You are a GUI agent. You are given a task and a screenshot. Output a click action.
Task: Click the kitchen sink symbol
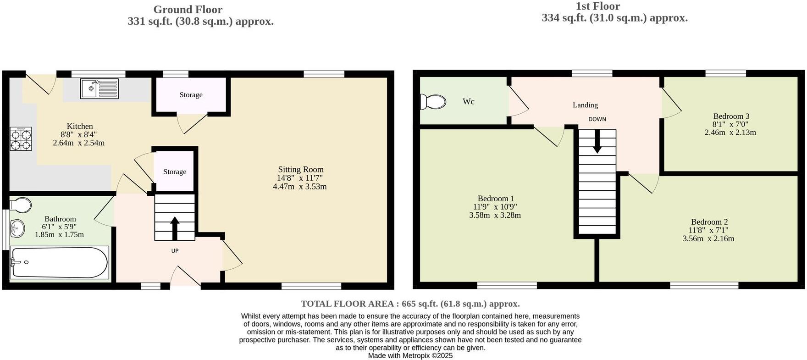[99, 89]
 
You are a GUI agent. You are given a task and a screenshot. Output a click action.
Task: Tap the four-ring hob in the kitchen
[21, 139]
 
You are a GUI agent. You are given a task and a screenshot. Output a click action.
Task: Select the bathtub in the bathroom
[59, 263]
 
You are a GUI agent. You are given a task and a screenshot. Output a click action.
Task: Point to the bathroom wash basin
[17, 228]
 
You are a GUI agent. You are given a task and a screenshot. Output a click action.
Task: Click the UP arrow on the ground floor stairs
[175, 228]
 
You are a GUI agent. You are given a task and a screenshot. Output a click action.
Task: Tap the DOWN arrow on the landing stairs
[597, 141]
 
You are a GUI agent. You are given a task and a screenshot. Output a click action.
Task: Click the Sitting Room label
[300, 170]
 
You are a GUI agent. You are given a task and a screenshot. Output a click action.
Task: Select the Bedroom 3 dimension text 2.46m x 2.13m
[730, 133]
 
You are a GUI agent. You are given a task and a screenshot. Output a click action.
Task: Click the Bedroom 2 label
[709, 222]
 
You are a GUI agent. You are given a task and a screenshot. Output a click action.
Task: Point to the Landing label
[585, 105]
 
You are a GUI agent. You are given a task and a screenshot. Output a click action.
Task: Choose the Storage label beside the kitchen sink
[191, 95]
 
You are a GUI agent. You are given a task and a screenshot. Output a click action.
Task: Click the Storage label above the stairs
[175, 172]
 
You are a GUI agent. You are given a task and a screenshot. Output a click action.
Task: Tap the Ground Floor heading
[188, 10]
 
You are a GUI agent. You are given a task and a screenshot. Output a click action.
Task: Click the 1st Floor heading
[597, 6]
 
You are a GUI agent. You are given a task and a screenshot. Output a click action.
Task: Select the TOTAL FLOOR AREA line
[410, 304]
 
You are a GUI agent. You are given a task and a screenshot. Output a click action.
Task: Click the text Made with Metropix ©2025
[410, 355]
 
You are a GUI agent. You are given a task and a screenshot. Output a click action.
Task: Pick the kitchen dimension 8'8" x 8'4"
[79, 134]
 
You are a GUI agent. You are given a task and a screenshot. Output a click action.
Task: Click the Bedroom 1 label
[496, 199]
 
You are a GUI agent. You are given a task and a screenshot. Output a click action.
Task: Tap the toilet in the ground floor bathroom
[20, 205]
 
